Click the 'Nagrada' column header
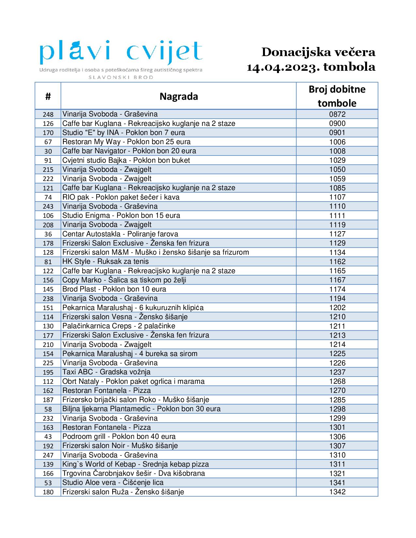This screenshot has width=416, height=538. click(178, 96)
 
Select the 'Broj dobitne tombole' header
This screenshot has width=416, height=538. click(337, 96)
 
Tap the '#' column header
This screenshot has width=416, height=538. click(48, 96)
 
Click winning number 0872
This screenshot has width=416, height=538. click(337, 114)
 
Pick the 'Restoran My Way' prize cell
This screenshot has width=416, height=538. click(126, 142)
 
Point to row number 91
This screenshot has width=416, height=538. click(48, 160)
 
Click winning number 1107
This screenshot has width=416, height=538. click(337, 197)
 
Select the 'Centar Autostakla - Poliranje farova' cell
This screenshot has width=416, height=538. click(120, 234)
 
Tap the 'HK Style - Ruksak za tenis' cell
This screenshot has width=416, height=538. click(105, 262)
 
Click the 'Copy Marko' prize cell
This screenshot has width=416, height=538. click(124, 280)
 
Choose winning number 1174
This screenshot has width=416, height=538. click(337, 289)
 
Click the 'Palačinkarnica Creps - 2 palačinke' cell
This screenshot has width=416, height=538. click(119, 326)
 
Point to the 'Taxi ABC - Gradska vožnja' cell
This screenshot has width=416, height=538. click(106, 372)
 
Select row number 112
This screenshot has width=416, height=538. click(48, 381)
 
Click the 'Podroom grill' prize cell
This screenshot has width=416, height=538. click(119, 437)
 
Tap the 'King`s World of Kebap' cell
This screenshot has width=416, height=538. click(135, 464)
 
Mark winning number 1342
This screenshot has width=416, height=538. click(337, 492)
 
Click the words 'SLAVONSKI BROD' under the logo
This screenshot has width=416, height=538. click(121, 77)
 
